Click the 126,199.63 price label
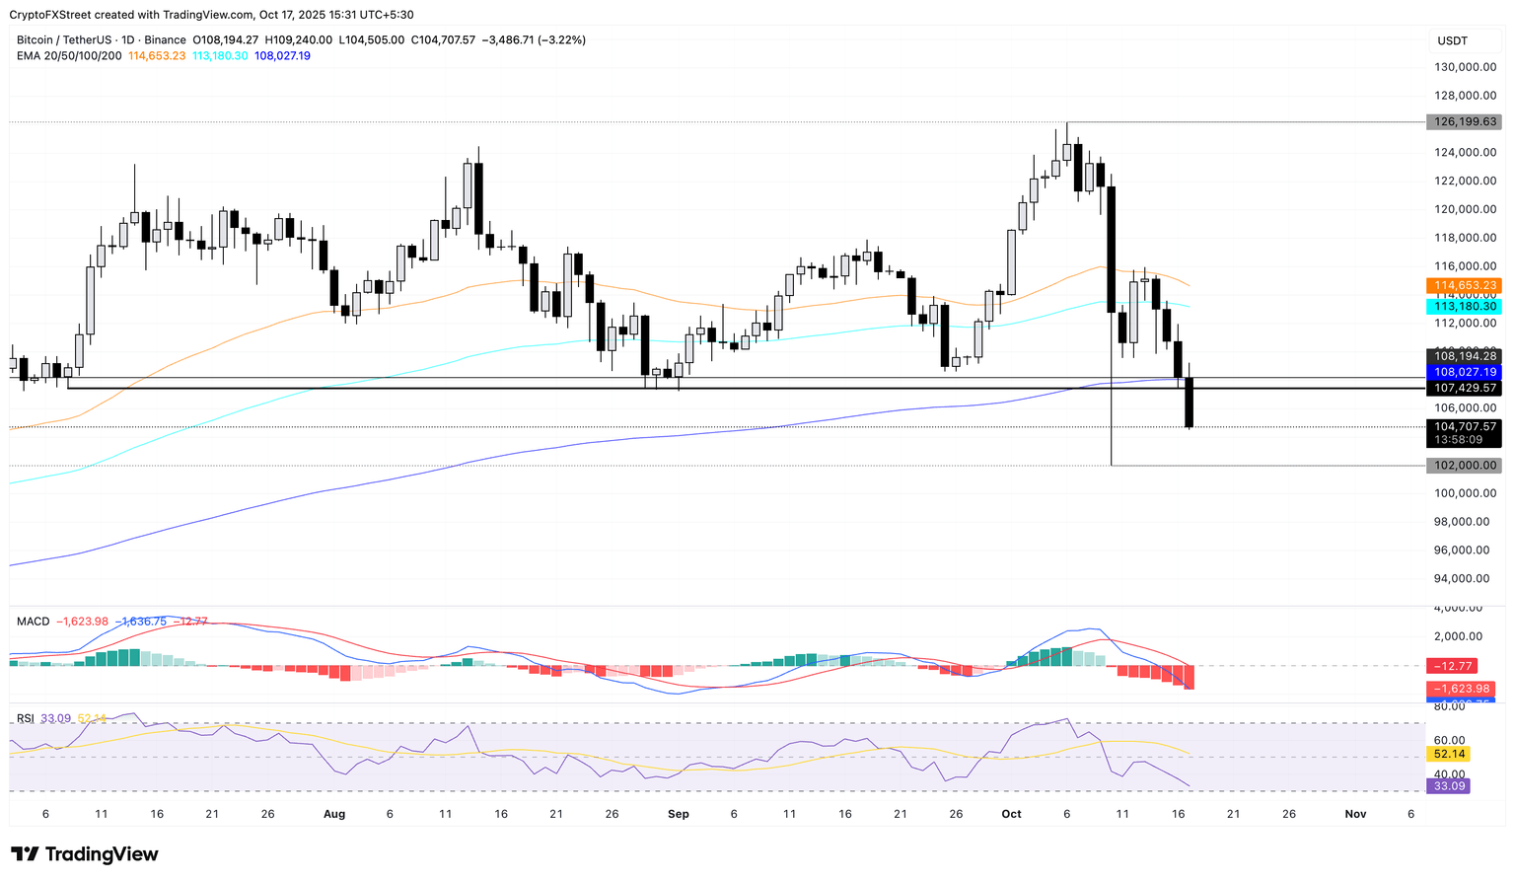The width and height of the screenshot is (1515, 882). point(1463,122)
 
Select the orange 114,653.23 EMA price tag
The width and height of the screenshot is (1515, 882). point(1463,285)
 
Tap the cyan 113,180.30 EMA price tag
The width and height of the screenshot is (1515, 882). point(1463,307)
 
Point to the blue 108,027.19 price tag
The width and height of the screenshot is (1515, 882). point(1463,372)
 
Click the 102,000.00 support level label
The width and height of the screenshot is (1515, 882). point(1463,466)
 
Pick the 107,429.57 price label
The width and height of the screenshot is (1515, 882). point(1463,389)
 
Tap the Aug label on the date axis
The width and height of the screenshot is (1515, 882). point(334,814)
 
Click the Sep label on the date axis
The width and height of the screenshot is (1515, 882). point(678,814)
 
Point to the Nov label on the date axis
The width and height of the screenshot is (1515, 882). point(1355,814)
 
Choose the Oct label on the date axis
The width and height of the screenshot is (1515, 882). point(1011,814)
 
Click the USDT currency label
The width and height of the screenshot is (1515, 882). point(1453,40)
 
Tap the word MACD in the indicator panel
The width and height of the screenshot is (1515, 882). point(33,622)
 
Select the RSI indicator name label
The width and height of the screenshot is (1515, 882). point(28,718)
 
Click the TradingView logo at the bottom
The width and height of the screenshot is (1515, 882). point(85,854)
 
